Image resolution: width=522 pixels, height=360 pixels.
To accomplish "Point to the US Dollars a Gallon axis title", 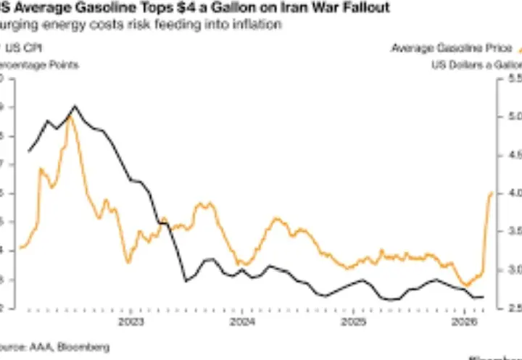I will point(475,64).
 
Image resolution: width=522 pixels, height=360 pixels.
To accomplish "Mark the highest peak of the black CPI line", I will point(75,106).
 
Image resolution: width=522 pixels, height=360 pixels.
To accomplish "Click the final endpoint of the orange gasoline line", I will point(492,193).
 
